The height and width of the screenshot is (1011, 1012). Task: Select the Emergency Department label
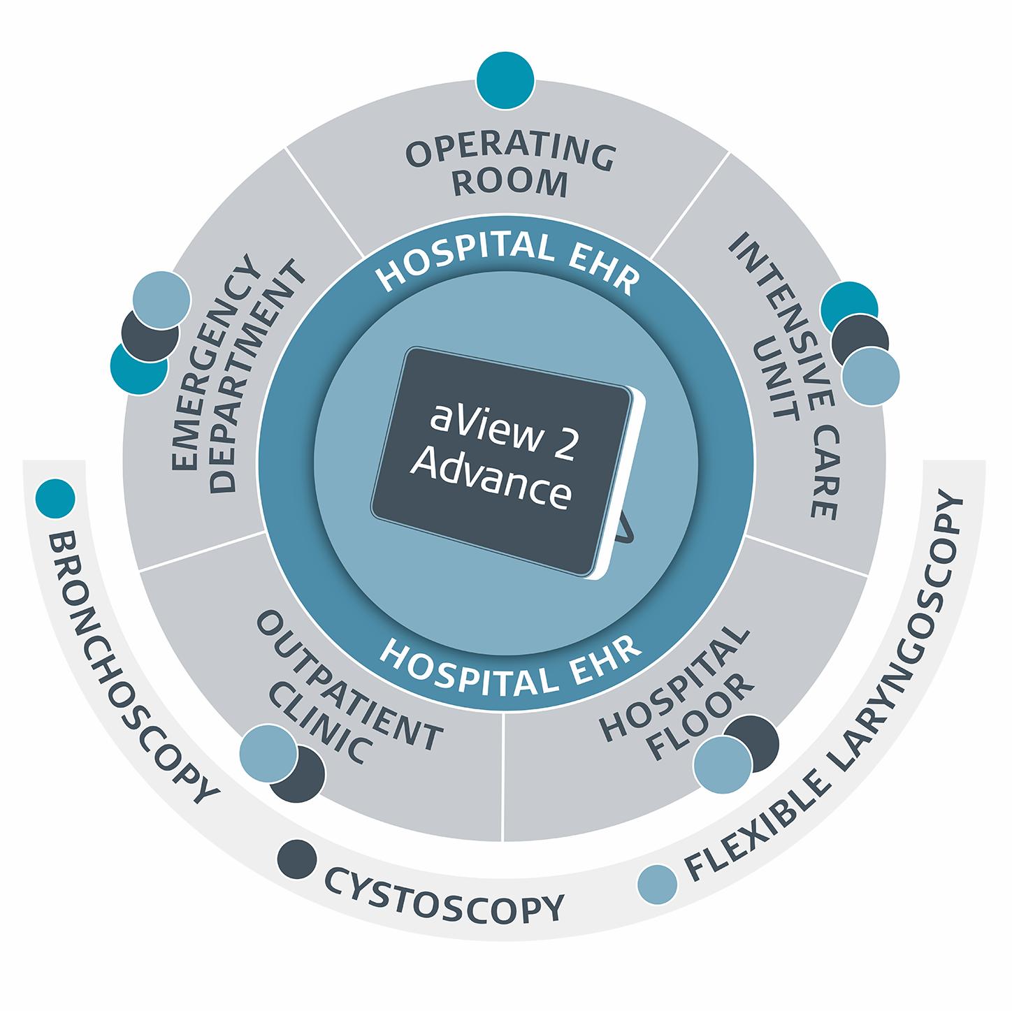click(237, 378)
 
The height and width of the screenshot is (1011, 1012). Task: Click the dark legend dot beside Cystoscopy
click(296, 859)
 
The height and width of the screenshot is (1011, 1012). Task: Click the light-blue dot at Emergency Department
click(160, 296)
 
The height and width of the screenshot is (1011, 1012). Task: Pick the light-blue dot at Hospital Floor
click(721, 765)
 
